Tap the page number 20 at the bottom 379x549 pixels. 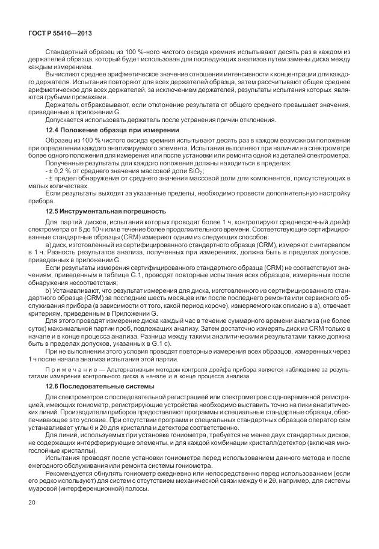[x=31, y=519]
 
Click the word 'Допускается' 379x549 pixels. [x=64, y=119]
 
